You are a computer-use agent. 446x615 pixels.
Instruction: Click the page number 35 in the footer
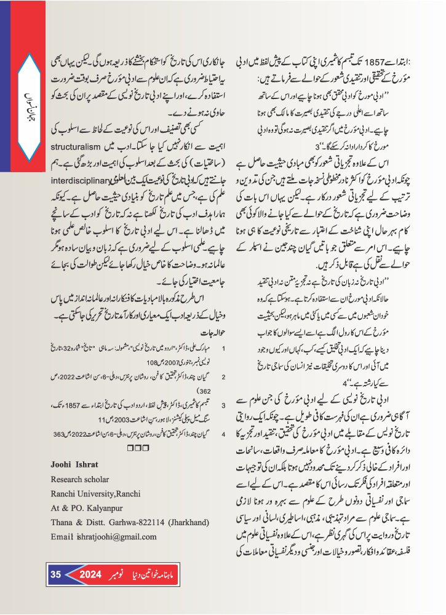tap(56, 574)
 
